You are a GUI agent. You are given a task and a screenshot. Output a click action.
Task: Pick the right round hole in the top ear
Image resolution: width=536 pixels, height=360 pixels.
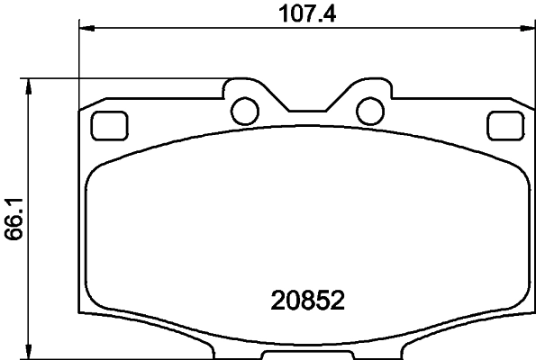pyautogui.click(x=368, y=110)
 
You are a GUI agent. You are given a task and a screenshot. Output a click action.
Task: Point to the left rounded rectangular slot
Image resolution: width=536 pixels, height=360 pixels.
pyautogui.click(x=109, y=124)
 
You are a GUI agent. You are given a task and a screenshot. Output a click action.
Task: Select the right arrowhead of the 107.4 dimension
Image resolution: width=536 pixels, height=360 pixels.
pyautogui.click(x=527, y=30)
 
